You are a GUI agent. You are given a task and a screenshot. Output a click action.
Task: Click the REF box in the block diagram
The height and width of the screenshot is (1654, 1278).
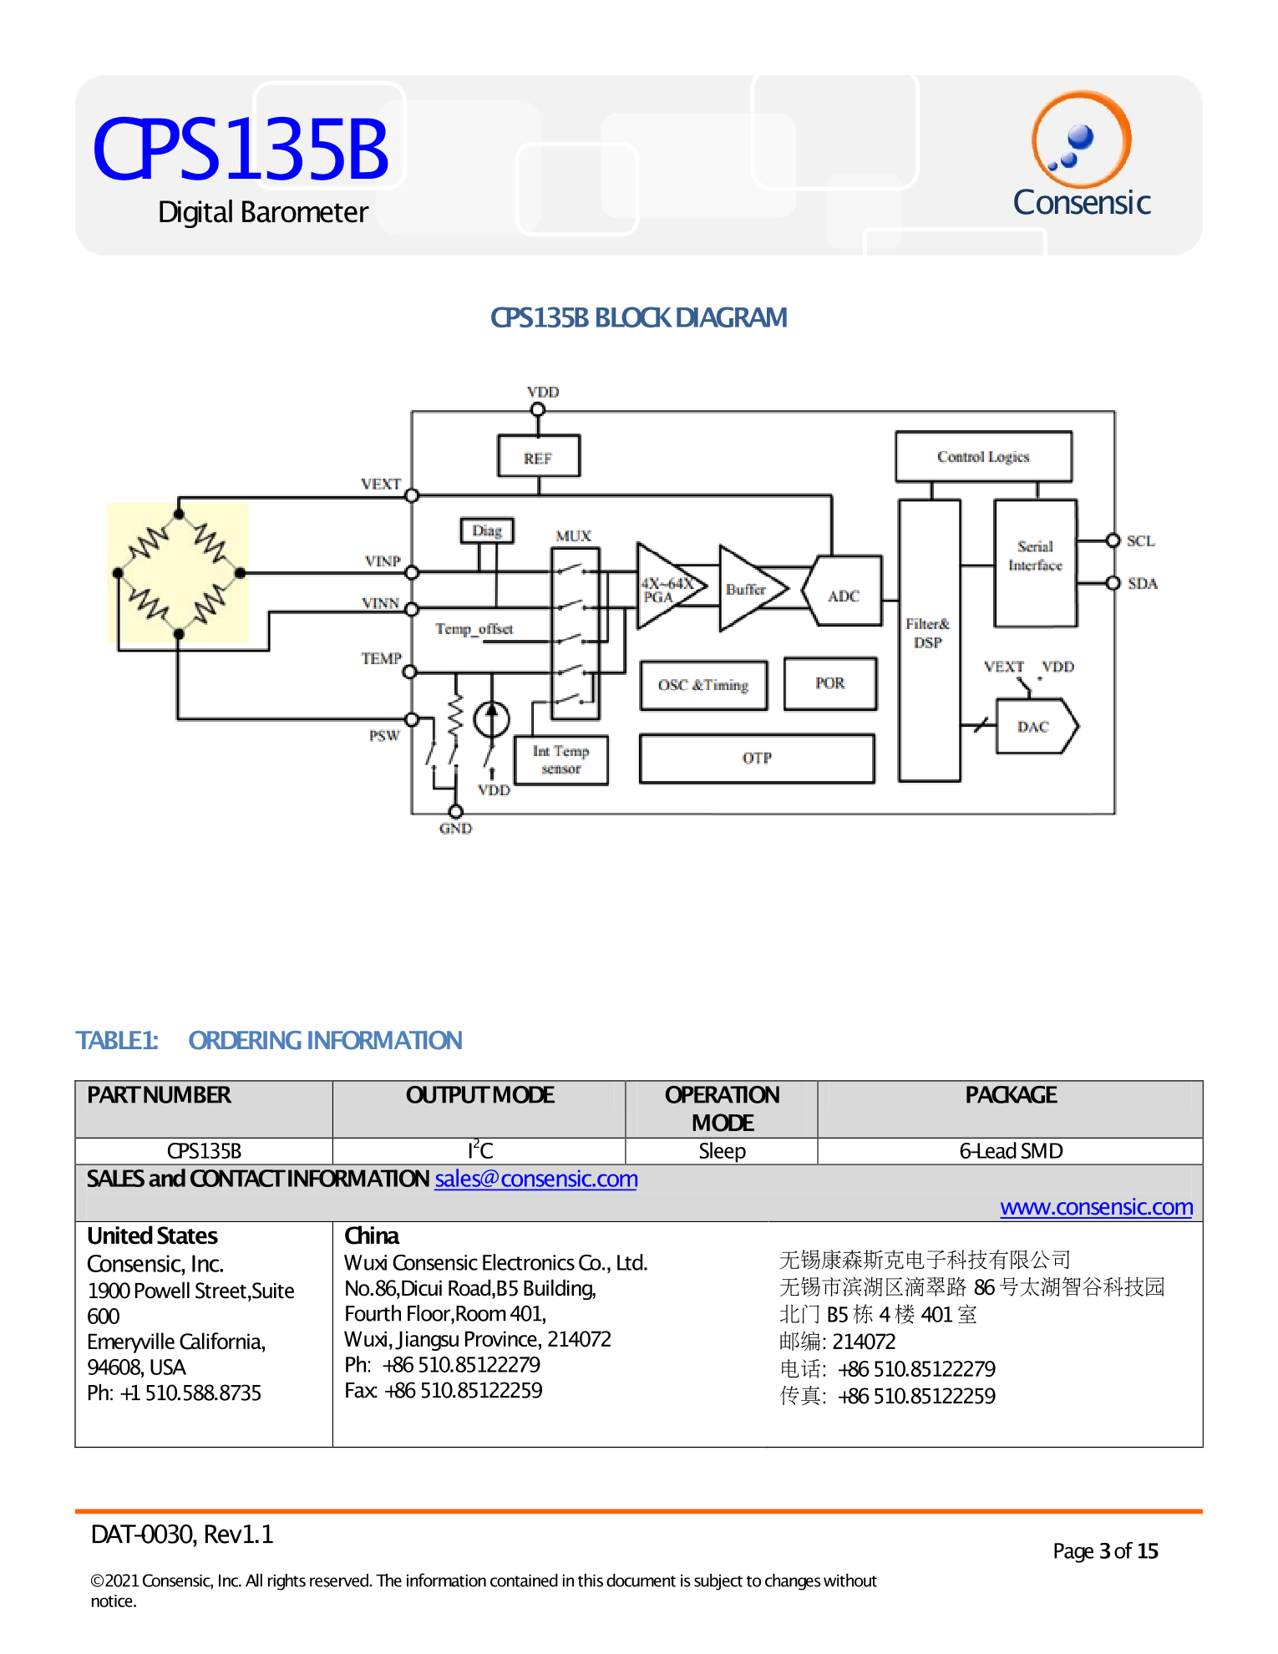click(x=538, y=456)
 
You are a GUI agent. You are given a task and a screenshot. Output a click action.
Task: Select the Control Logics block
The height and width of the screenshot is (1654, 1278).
click(x=982, y=456)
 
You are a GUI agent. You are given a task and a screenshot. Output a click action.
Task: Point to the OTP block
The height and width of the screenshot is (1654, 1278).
click(x=757, y=759)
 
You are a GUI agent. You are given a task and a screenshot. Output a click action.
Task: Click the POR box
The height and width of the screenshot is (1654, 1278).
click(x=829, y=683)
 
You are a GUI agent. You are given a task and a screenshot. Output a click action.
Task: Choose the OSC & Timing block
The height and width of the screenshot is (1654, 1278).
click(x=703, y=685)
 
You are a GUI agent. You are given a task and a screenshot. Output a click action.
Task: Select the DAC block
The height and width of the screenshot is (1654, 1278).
click(x=1034, y=727)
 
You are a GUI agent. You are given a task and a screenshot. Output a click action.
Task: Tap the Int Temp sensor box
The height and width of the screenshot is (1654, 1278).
click(x=560, y=760)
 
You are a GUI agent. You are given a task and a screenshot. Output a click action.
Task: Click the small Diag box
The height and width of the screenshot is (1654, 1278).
click(x=487, y=530)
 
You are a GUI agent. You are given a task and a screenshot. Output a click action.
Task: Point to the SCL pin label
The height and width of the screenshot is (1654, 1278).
click(x=1140, y=541)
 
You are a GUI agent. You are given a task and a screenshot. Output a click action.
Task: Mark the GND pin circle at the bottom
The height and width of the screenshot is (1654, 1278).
click(x=455, y=811)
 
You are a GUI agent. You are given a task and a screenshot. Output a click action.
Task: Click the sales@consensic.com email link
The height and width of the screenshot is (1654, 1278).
click(x=535, y=1179)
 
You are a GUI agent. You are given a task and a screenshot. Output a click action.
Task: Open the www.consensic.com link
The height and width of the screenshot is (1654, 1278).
click(x=1096, y=1207)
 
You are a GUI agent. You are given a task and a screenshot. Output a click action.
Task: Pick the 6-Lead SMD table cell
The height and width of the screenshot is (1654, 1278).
click(x=1010, y=1151)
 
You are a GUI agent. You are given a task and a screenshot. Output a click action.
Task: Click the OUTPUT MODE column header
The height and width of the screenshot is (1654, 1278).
click(x=479, y=1095)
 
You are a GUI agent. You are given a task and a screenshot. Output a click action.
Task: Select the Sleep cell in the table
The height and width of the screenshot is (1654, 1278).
click(x=722, y=1151)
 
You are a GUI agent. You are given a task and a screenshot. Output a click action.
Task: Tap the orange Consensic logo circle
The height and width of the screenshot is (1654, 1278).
click(x=1081, y=140)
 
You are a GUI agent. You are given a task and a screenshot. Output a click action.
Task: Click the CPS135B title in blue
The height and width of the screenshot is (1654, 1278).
click(x=241, y=150)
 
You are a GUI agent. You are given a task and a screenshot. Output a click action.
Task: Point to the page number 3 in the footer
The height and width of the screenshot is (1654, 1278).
click(x=1104, y=1551)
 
